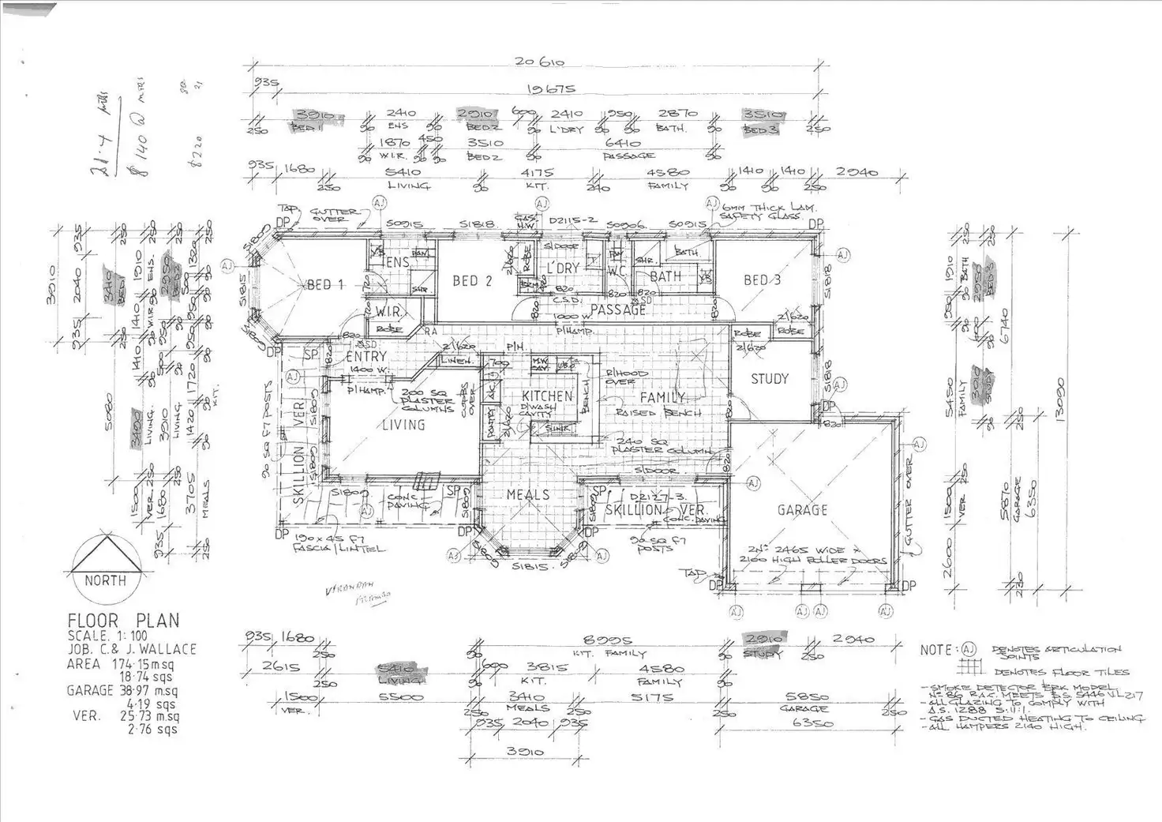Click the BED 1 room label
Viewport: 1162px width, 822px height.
coord(324,284)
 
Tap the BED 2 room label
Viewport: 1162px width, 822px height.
coord(472,280)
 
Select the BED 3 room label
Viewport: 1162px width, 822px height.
coord(762,280)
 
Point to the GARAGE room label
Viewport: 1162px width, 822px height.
coord(802,510)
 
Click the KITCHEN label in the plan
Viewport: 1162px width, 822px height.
coord(547,396)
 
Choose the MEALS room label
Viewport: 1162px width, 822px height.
coord(528,494)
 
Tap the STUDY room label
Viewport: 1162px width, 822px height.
coord(769,379)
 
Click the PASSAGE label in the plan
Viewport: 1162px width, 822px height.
coord(618,310)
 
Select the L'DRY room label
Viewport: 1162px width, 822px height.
coord(563,268)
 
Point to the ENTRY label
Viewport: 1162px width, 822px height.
coord(365,357)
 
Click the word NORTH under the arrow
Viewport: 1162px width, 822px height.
coord(105,580)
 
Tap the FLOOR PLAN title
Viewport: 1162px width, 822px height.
coord(123,621)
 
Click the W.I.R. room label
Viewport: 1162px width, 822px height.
coord(388,311)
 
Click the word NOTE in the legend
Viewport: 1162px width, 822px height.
coord(937,650)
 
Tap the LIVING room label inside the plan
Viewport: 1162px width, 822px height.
coord(403,425)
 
